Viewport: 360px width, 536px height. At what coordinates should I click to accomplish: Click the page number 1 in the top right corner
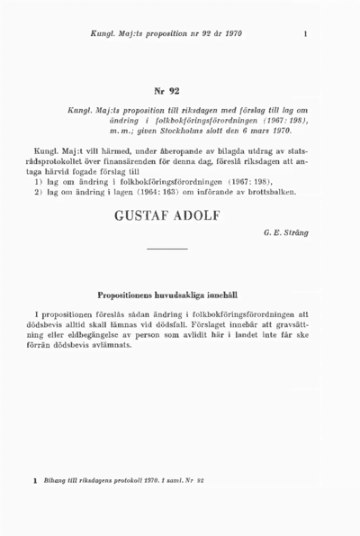click(307, 34)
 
